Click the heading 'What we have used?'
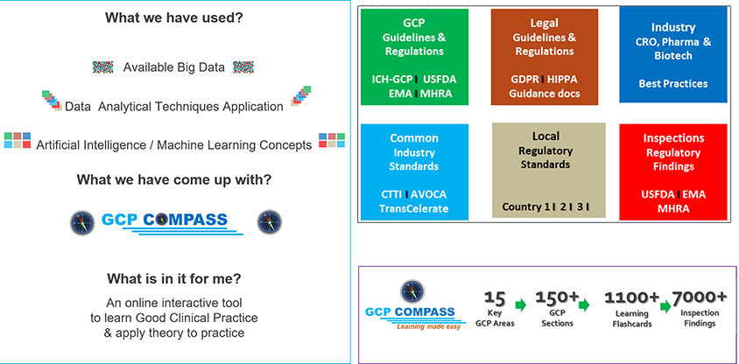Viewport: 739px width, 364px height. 175,17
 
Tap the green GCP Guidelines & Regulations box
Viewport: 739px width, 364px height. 414,57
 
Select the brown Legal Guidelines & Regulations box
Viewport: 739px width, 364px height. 545,57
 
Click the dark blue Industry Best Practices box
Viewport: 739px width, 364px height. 673,54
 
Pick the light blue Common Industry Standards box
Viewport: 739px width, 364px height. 414,171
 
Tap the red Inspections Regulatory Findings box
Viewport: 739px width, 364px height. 673,171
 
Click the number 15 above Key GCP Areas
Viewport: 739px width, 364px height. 495,298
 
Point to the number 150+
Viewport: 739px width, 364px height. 557,297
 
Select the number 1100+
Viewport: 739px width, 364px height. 631,298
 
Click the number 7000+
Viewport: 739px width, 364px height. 700,297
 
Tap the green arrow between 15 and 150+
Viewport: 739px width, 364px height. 520,304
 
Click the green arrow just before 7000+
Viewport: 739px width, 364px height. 665,306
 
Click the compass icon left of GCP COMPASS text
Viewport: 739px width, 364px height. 82,223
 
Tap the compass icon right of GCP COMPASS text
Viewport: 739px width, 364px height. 269,222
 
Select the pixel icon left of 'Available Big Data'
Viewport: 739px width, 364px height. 102,66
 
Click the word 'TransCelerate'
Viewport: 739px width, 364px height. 414,208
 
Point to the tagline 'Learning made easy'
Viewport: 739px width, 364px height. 428,326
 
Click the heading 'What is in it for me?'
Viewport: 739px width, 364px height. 174,279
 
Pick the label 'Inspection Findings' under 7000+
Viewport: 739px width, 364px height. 700,318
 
